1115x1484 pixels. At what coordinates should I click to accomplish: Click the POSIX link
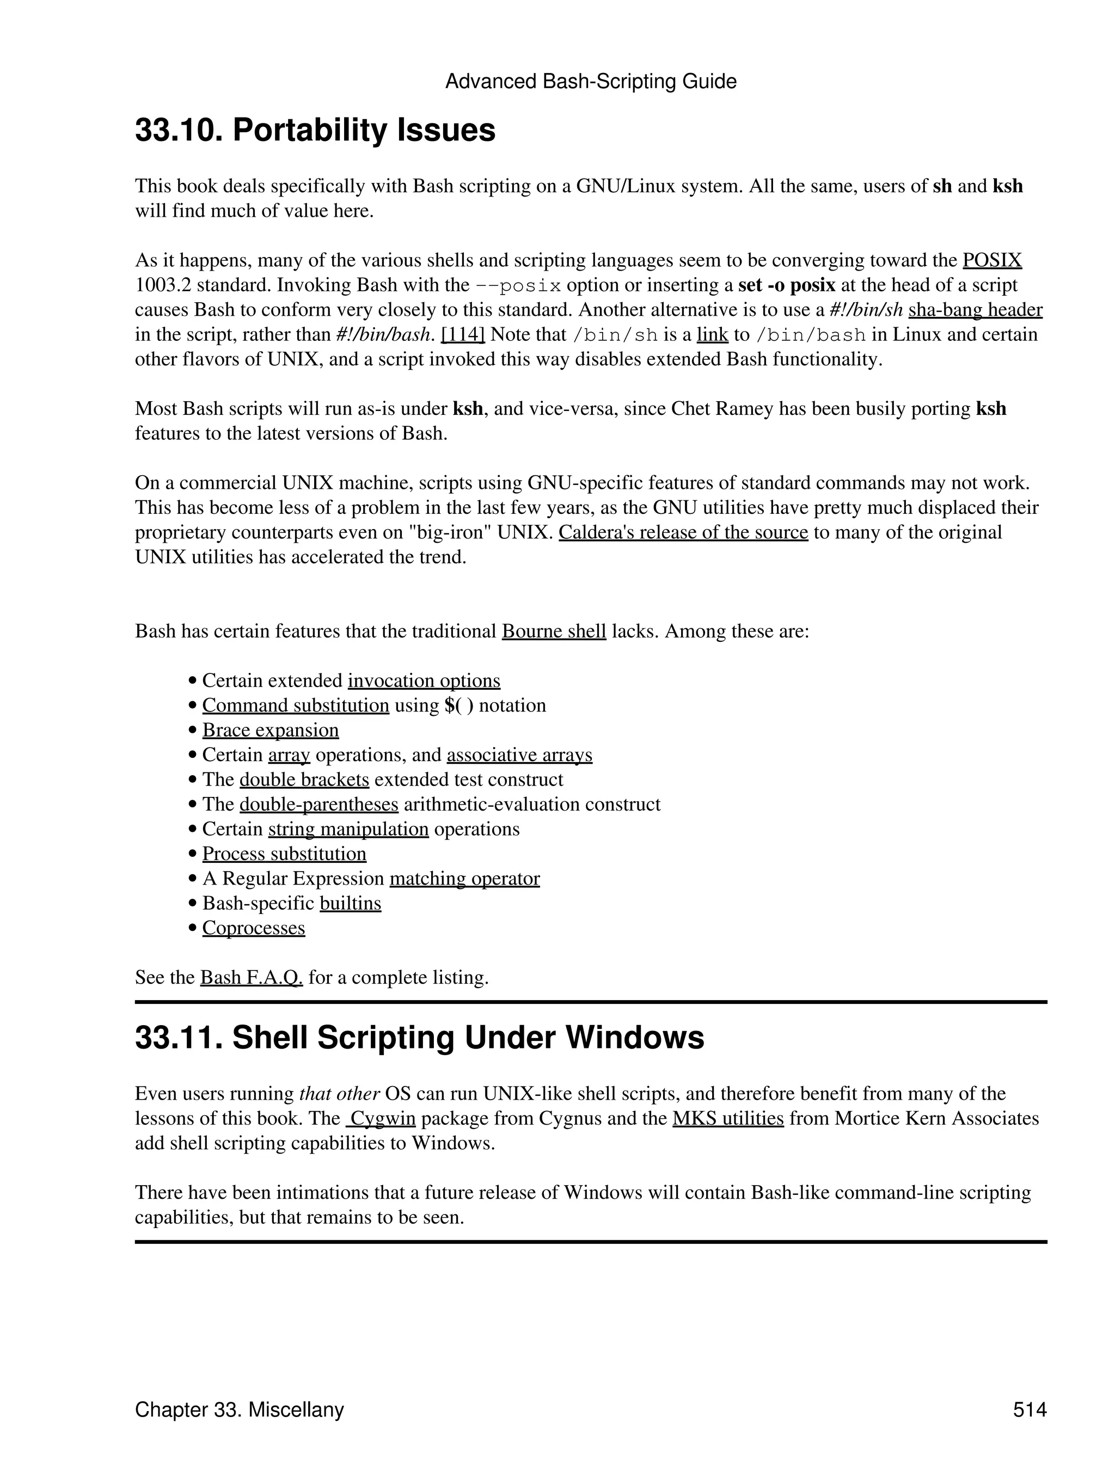tap(991, 260)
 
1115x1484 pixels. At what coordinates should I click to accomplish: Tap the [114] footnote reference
tap(462, 335)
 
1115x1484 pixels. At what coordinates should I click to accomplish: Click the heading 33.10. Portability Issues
tap(315, 130)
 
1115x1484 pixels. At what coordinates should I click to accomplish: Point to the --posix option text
tap(518, 286)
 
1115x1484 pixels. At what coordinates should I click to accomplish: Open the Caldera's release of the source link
tap(683, 533)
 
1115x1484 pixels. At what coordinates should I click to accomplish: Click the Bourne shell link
tap(554, 631)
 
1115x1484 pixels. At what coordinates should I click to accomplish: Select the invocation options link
tap(424, 681)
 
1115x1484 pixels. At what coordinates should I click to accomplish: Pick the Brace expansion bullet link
tap(271, 731)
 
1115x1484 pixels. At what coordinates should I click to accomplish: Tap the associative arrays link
tap(519, 756)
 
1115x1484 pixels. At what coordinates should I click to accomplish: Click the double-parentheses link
tap(318, 805)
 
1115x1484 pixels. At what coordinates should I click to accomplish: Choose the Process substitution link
tap(284, 854)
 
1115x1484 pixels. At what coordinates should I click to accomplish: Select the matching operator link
tap(464, 879)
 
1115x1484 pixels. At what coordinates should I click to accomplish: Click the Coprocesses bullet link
tap(254, 929)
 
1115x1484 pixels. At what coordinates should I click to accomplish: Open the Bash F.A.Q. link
tap(252, 978)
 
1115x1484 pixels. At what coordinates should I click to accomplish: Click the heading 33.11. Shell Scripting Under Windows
tap(419, 1038)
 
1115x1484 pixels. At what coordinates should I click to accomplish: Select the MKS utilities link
tap(728, 1119)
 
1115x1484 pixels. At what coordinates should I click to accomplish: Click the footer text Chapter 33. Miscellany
tap(239, 1410)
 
